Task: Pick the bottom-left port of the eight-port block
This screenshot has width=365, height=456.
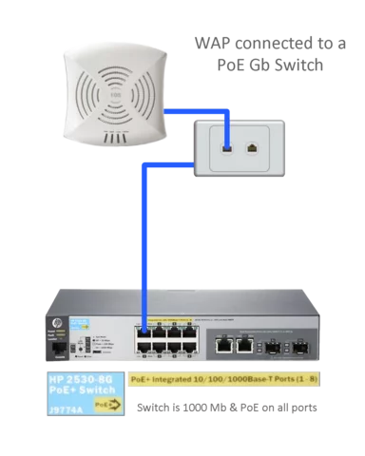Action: point(144,349)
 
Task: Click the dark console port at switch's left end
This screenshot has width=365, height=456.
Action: point(58,350)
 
